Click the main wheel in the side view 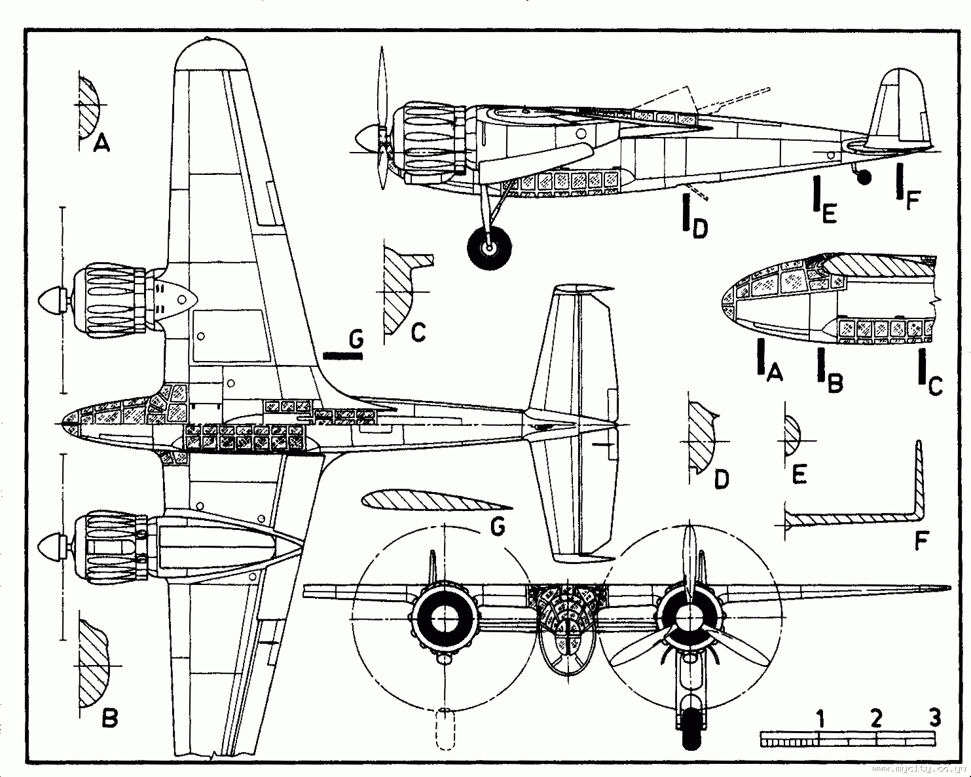click(489, 247)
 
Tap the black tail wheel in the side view click(865, 177)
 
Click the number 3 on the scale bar click(934, 717)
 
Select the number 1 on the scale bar click(820, 719)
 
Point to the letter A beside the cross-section click(101, 142)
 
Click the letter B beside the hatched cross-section click(110, 719)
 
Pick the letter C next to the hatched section click(418, 332)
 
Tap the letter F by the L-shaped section click(921, 541)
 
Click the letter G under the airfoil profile click(498, 527)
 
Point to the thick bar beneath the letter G click(343, 356)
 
